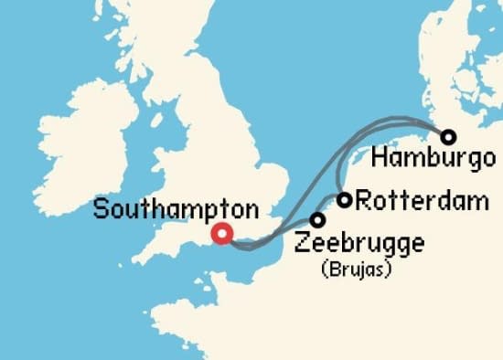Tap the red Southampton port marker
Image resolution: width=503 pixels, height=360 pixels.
tap(220, 234)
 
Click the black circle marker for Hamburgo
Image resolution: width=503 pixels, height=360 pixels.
tap(448, 137)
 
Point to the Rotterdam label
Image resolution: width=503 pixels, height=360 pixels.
tap(421, 201)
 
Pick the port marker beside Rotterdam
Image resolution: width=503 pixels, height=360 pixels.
tap(345, 200)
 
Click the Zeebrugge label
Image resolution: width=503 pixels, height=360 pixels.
tap(359, 245)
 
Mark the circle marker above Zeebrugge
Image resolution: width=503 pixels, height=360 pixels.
tap(317, 220)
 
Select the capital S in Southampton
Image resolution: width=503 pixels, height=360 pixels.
tap(101, 209)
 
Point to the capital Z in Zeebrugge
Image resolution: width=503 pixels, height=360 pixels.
tap(303, 244)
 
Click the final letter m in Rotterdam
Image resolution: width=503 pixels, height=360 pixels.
tap(480, 202)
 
